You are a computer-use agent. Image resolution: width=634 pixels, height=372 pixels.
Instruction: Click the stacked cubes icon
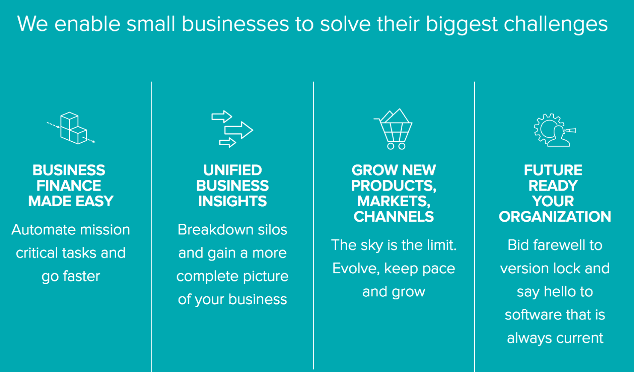71,128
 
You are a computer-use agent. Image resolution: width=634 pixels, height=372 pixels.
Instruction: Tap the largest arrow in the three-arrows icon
239,130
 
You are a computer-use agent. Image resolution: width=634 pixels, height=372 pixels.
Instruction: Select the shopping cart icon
393,129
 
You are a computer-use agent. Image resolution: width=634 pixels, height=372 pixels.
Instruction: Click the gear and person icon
554,130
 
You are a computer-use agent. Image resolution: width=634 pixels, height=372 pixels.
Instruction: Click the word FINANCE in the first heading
68,186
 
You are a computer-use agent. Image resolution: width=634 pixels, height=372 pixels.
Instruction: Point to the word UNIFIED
233,170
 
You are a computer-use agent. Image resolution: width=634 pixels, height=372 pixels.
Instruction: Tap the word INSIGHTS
233,201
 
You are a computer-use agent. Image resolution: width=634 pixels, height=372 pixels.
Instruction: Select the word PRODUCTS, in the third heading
394,186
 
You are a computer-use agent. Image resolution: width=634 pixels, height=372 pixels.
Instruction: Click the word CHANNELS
394,217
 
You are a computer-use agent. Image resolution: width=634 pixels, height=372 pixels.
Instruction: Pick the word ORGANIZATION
555,217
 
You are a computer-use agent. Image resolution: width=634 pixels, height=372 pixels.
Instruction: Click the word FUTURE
553,170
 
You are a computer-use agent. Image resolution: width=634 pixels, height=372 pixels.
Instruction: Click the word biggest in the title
462,24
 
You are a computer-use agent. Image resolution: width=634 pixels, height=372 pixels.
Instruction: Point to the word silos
272,229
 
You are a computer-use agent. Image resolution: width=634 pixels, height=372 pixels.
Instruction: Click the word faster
82,276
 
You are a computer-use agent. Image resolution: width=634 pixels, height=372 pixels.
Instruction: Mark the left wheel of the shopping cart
391,146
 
